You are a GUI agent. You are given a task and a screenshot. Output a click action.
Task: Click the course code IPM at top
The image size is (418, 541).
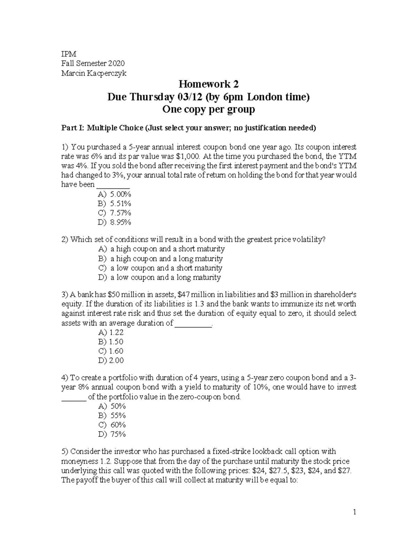tap(68, 54)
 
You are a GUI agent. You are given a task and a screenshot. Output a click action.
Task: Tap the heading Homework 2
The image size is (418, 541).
tap(208, 84)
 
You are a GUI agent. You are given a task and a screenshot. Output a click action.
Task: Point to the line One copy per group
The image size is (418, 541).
tap(209, 109)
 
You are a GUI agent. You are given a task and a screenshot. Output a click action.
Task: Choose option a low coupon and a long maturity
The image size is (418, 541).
tap(165, 278)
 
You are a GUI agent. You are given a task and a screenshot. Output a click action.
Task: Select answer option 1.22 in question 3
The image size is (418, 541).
tap(116, 332)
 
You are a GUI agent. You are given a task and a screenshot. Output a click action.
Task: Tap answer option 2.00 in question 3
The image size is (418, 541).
tap(116, 361)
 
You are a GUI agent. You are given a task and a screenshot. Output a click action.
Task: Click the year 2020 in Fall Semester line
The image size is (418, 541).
tap(116, 63)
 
